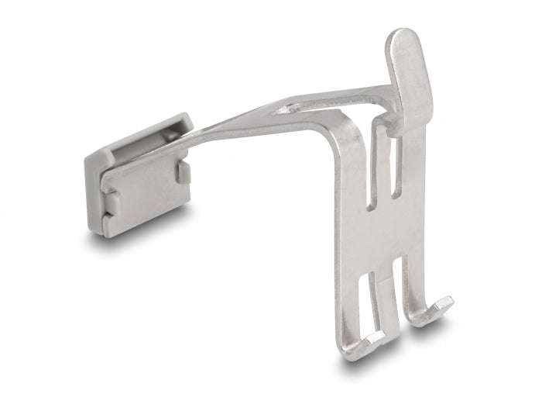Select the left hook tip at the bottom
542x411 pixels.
pyautogui.click(x=364, y=342)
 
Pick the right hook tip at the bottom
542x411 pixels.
pyautogui.click(x=442, y=306)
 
